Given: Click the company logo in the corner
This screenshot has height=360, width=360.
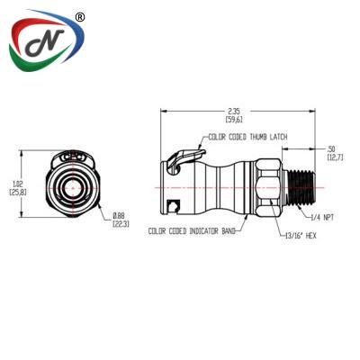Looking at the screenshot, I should click(x=46, y=46).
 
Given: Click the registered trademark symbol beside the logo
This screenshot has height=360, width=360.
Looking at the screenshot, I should click(x=80, y=17).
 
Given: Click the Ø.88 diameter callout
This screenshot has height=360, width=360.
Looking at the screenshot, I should click(x=120, y=214).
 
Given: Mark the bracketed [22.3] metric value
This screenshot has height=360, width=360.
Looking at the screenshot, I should click(x=120, y=223).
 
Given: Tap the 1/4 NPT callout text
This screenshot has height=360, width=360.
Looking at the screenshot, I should click(x=321, y=218).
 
